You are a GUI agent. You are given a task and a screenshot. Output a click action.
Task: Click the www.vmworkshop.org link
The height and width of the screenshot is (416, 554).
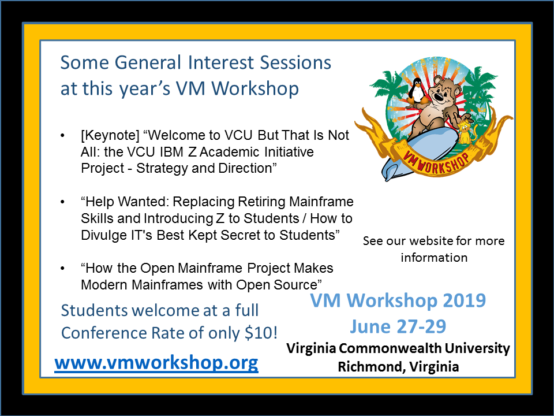point(156,363)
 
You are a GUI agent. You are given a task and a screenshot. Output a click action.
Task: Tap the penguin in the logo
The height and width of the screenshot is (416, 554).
point(418,91)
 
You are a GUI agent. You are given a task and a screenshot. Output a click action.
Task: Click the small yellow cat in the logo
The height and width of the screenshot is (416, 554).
point(466,132)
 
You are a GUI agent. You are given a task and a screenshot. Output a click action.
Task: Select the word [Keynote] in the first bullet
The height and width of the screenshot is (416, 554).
point(110,135)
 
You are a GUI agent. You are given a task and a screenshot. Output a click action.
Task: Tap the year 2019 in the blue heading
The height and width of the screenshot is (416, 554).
point(464,300)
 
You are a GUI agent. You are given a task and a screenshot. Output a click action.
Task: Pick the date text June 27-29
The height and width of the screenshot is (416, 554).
point(398,326)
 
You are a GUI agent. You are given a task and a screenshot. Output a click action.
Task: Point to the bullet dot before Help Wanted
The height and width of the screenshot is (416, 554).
point(62,202)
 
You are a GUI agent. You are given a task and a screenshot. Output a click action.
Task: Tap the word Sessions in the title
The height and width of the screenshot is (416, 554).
point(295,62)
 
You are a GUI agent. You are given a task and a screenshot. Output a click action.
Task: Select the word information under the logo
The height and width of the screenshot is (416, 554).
point(434,258)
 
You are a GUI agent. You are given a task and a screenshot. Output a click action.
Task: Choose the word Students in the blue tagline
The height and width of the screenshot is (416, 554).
point(94,310)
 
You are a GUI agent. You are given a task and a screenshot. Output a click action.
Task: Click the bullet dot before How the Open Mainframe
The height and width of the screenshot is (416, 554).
point(62,269)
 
